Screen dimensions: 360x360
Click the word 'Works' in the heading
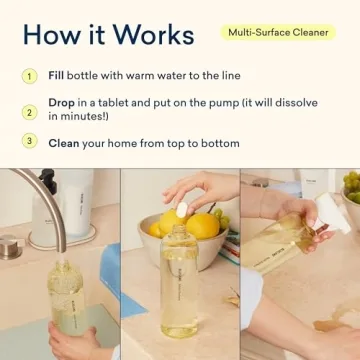pos(151,34)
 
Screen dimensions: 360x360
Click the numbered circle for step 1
pos(30,76)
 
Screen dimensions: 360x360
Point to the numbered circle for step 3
pos(30,142)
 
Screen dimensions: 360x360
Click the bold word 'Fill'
pos(57,76)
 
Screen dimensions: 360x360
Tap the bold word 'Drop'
pos(63,103)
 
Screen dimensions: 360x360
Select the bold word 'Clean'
pos(64,143)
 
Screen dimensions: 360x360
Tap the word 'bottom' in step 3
pos(217,143)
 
